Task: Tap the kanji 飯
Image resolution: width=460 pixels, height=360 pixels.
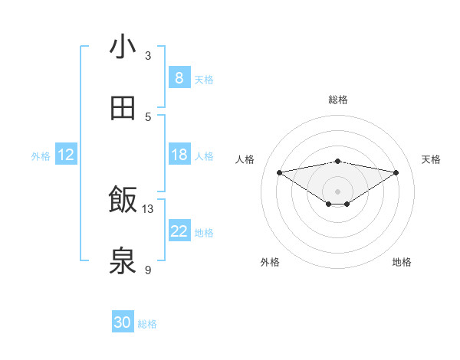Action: (x=123, y=200)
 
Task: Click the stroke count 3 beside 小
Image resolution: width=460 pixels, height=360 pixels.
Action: (x=148, y=56)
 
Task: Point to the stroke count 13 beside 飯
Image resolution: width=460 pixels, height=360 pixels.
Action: (x=148, y=208)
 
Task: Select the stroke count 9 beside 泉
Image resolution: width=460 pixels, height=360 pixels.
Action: (x=148, y=270)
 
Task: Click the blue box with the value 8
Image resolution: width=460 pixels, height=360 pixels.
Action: (x=179, y=78)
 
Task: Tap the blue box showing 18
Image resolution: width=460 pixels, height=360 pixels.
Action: (x=179, y=155)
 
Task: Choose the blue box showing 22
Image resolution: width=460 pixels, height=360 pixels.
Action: (x=179, y=231)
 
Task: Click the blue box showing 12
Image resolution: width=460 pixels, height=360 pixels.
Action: (x=66, y=155)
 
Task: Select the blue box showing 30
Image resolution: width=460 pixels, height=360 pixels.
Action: (x=123, y=323)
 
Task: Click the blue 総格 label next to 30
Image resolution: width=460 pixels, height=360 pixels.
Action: (x=147, y=324)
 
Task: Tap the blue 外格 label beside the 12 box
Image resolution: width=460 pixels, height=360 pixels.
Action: (x=41, y=155)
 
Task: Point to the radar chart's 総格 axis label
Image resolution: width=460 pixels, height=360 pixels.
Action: (x=338, y=100)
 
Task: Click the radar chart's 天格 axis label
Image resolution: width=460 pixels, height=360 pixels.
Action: (x=431, y=159)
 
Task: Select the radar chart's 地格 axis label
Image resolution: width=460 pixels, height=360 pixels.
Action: (x=402, y=262)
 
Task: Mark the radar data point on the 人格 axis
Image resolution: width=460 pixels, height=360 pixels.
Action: (x=280, y=172)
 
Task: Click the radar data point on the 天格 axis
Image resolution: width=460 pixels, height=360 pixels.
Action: (x=396, y=172)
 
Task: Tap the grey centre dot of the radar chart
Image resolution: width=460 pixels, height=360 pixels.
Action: (x=338, y=191)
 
